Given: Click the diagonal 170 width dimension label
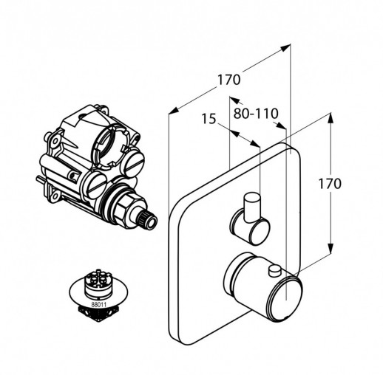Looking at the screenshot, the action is [x=228, y=80].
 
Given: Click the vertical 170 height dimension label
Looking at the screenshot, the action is [x=330, y=184].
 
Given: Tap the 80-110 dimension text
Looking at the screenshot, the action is [x=256, y=114].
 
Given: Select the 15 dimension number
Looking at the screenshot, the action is [x=209, y=118].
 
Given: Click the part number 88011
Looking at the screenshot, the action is [x=98, y=304].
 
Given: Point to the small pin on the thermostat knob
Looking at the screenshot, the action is [x=276, y=271].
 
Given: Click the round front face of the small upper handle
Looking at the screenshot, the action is [x=260, y=230].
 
